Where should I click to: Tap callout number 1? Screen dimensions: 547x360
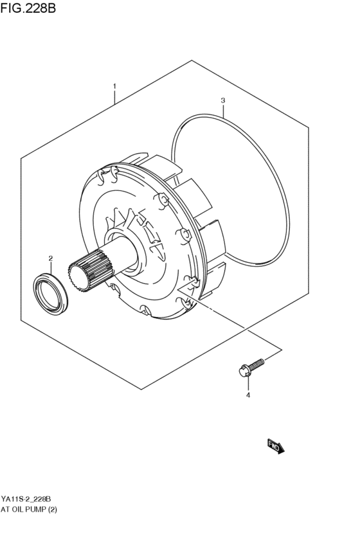pyautogui.click(x=114, y=85)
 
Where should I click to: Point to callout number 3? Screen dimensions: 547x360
pyautogui.click(x=222, y=100)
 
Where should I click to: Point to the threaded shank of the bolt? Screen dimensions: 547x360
pyautogui.click(x=257, y=364)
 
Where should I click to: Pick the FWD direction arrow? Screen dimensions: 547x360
pyautogui.click(x=275, y=446)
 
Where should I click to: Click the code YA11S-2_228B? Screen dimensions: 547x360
pyautogui.click(x=26, y=499)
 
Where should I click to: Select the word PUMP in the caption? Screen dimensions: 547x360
pyautogui.click(x=43, y=510)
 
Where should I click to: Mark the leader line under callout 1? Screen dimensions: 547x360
pyautogui.click(x=114, y=97)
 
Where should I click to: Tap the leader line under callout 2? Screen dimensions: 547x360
pyautogui.click(x=50, y=267)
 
